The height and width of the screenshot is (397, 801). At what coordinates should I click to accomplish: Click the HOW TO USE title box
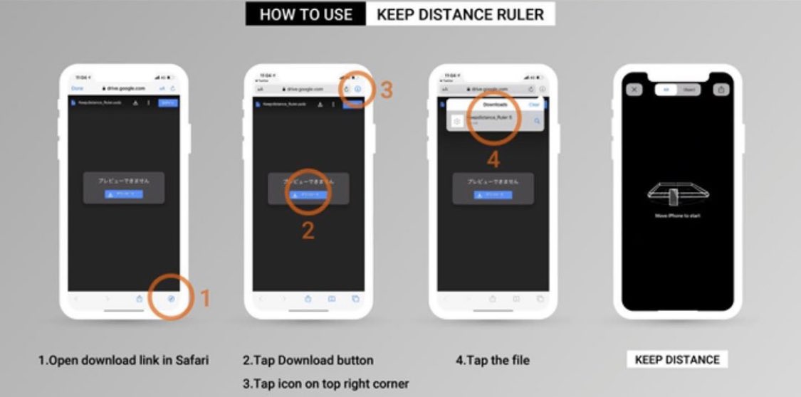click(306, 14)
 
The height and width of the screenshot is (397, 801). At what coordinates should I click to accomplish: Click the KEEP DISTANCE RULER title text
click(460, 14)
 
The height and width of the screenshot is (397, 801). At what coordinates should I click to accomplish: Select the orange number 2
click(308, 231)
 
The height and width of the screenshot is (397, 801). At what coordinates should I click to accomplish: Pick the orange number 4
click(493, 159)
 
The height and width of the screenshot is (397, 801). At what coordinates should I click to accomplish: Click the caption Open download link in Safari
click(123, 360)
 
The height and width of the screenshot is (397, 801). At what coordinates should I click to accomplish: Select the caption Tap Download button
click(308, 360)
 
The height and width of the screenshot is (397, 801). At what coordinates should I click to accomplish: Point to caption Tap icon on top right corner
click(325, 383)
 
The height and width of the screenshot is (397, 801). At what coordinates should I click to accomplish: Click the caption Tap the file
click(492, 360)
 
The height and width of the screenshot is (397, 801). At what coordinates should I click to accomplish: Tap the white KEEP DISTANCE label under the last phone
click(677, 360)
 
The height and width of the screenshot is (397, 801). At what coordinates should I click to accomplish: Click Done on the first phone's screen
click(78, 88)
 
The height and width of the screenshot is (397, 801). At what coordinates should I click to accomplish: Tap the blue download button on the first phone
click(124, 194)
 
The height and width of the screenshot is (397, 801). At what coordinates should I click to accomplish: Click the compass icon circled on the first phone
click(172, 300)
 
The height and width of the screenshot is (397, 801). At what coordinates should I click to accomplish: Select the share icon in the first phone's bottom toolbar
click(140, 300)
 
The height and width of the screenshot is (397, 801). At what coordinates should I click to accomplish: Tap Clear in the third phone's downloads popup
click(534, 105)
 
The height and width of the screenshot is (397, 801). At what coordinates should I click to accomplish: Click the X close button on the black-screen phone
click(633, 90)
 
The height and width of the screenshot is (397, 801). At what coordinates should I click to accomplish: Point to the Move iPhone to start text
click(677, 216)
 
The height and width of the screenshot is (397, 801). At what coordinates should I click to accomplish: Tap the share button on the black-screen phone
click(721, 90)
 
